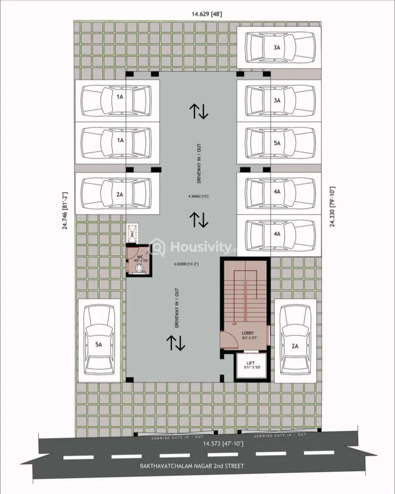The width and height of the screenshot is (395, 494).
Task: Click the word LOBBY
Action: point(248,333)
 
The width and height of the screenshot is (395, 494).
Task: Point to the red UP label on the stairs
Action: point(235,325)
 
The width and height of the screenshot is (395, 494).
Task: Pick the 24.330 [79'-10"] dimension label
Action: point(332,207)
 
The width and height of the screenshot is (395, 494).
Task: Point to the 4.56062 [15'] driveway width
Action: point(198,196)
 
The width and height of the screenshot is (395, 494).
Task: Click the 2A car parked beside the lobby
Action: point(295,340)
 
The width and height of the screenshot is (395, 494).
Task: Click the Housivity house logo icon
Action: point(158,248)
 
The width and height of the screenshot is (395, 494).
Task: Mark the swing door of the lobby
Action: point(227,339)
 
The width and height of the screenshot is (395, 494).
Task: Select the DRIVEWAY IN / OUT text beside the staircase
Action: point(177,308)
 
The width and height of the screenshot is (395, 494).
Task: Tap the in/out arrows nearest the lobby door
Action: point(176,343)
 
